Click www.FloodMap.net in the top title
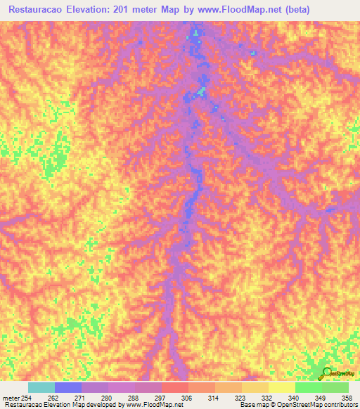point(236,10)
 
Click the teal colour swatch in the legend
point(41,387)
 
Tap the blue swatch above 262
point(68,387)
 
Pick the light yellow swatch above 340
point(281,387)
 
